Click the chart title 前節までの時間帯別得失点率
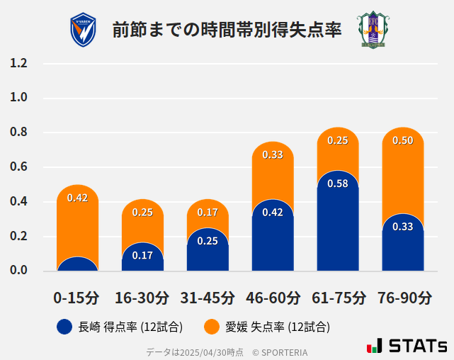click(227, 30)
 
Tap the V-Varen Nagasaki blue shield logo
click(83, 30)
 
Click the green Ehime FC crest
click(372, 30)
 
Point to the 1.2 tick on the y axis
click(19, 63)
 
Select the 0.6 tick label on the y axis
click(19, 167)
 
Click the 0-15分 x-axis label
click(77, 298)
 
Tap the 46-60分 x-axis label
click(273, 298)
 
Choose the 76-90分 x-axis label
click(403, 298)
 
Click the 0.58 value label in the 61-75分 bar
click(338, 184)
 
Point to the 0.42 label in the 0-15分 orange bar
click(77, 198)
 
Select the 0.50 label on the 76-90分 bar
click(403, 140)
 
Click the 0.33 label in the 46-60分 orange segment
click(273, 154)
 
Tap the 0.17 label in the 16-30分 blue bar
click(142, 255)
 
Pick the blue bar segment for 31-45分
click(208, 252)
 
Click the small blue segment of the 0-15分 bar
click(77, 264)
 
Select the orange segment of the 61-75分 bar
click(338, 149)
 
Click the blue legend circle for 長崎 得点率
click(64, 327)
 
